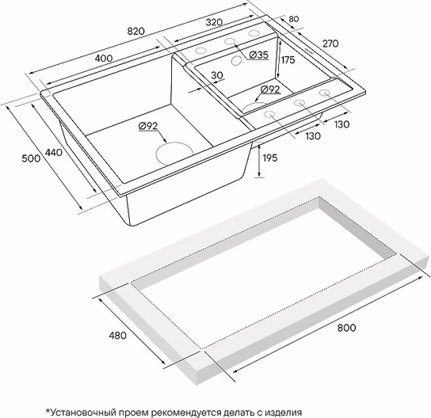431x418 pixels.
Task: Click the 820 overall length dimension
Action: [x=135, y=31]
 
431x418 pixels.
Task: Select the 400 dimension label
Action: [x=103, y=58]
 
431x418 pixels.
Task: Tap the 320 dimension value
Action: [x=214, y=22]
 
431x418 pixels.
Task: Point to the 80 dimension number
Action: [x=294, y=19]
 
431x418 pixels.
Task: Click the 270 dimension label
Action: [x=330, y=44]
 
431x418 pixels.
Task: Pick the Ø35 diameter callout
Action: [x=258, y=55]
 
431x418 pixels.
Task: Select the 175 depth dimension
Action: [x=288, y=59]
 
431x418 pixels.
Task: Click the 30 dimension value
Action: [x=217, y=75]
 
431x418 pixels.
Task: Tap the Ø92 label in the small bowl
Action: [x=270, y=89]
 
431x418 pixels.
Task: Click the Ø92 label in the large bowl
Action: [x=148, y=126]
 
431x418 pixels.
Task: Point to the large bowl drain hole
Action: [x=174, y=154]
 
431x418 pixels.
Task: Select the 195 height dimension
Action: [x=270, y=158]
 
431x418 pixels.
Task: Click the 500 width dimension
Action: [x=31, y=158]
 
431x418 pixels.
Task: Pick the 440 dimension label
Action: [x=53, y=152]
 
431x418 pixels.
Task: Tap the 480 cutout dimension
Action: [x=117, y=336]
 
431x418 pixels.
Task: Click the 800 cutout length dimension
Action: [x=346, y=328]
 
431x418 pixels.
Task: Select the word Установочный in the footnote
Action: [x=83, y=412]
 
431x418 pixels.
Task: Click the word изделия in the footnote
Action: [x=284, y=412]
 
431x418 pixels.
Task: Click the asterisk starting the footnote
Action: [x=48, y=411]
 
